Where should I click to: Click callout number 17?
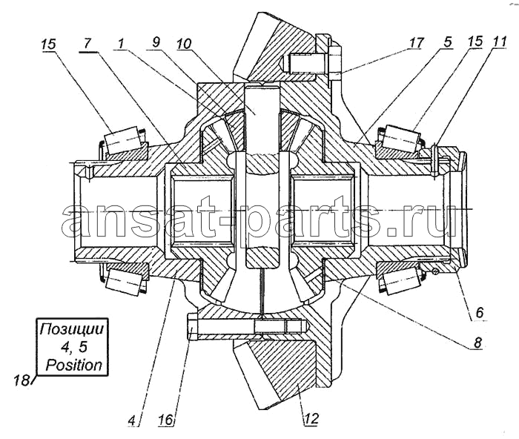[x=416, y=43]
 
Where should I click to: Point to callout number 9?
[x=156, y=42]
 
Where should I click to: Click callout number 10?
[x=184, y=43]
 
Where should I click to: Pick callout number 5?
[x=447, y=42]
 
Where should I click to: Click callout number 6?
[x=480, y=312]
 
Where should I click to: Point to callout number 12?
[x=311, y=418]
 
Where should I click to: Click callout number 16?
[x=166, y=420]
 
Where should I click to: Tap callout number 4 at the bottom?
[x=132, y=420]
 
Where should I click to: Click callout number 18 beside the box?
[x=22, y=380]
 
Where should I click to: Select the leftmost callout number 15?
[x=49, y=44]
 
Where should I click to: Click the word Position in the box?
[x=74, y=365]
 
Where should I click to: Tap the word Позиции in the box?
[x=71, y=329]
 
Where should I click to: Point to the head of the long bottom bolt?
[x=193, y=327]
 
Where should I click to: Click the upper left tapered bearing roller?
[x=122, y=140]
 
